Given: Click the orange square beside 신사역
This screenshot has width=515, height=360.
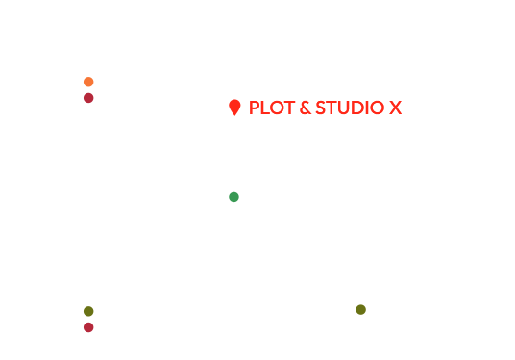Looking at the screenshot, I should pos(88,82).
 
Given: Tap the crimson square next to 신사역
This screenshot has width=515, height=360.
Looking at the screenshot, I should pos(88,98).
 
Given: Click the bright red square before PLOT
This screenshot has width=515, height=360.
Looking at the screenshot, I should pos(234,108).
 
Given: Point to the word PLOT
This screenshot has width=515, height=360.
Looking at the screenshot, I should pos(267,108).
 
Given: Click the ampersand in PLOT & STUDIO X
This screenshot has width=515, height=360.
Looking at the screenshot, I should pos(293,108).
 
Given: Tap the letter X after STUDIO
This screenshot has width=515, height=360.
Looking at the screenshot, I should pos(394,108).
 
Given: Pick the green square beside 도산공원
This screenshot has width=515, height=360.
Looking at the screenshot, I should pos(233,197).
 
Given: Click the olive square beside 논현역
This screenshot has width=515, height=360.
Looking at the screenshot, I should pos(88,311).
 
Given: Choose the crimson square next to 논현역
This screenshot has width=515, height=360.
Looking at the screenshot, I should pos(88,327).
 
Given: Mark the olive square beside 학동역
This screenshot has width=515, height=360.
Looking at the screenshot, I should pos(361,309).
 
